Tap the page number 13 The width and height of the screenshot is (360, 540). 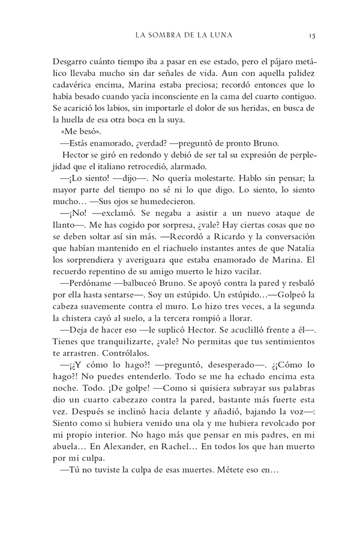[312, 35]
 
